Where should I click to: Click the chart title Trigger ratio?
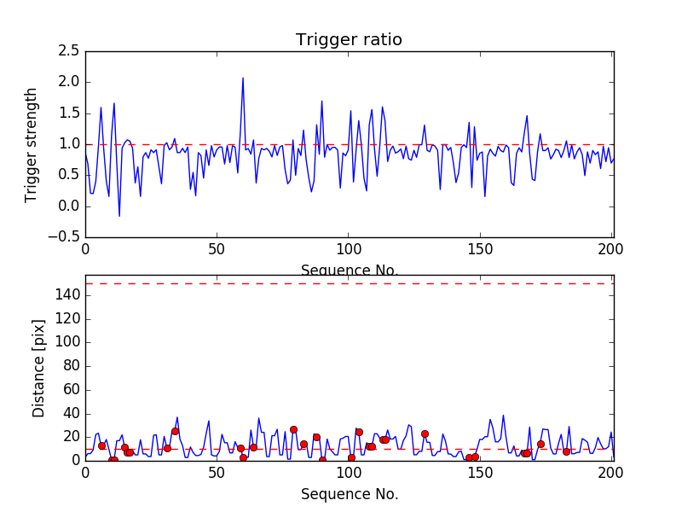(349, 40)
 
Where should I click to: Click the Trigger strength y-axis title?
(32, 144)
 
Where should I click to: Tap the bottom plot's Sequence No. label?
(350, 494)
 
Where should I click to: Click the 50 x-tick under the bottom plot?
(217, 472)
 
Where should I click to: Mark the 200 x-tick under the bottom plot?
(613, 472)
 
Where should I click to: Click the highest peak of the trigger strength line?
(243, 78)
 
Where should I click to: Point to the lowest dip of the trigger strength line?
(119, 216)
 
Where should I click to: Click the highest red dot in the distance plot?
(293, 430)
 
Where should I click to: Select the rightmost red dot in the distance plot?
(566, 451)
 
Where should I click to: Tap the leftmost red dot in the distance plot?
(101, 445)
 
